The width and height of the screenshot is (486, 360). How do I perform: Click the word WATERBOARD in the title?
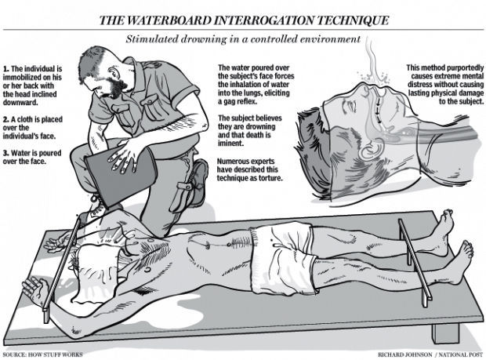tap(169, 20)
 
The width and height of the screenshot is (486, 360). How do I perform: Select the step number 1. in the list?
tap(5, 69)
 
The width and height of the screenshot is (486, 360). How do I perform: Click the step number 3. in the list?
tap(6, 153)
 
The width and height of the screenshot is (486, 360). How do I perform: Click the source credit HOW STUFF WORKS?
tap(56, 355)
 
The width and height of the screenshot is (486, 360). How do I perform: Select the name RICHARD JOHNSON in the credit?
tap(404, 355)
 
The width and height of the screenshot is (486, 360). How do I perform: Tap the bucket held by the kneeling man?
tap(121, 176)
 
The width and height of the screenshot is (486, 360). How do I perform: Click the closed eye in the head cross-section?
tap(351, 107)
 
